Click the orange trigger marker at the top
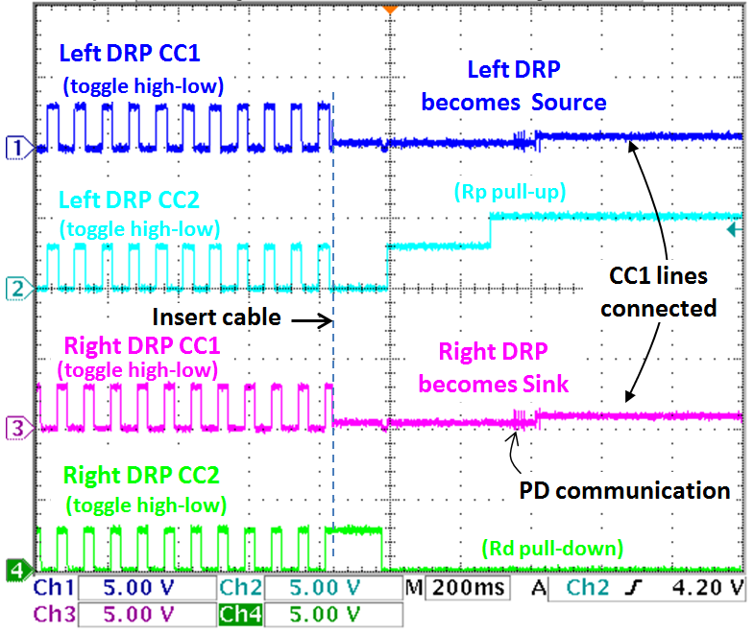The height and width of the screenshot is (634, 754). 388,9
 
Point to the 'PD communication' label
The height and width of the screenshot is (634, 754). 624,491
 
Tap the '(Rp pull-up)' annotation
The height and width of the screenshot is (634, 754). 510,192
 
